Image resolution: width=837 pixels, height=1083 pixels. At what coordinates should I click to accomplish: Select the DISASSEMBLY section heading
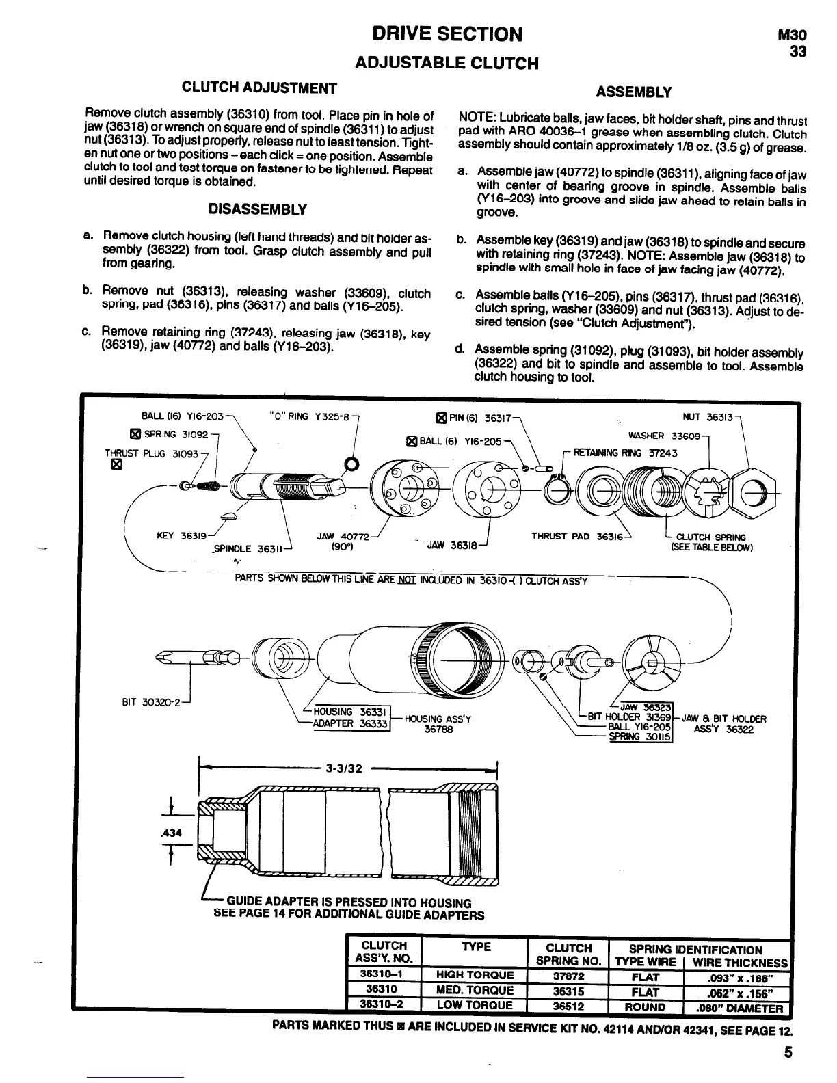point(257,209)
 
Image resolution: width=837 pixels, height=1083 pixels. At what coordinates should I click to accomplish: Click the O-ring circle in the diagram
point(351,466)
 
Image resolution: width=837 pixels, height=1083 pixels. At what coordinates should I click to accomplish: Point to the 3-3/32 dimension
point(343,768)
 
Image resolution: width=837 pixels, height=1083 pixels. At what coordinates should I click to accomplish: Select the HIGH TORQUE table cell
point(475,975)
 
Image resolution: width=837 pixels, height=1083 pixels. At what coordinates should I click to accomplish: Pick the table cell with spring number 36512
point(568,1006)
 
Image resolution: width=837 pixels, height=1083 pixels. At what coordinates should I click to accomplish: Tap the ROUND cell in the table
point(645,1007)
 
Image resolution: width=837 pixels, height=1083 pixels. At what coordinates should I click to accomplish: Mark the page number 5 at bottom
point(788,1052)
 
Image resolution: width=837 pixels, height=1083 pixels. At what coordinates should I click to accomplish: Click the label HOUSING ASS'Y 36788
point(438,724)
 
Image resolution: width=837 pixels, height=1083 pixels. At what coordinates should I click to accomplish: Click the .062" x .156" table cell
point(736,991)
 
